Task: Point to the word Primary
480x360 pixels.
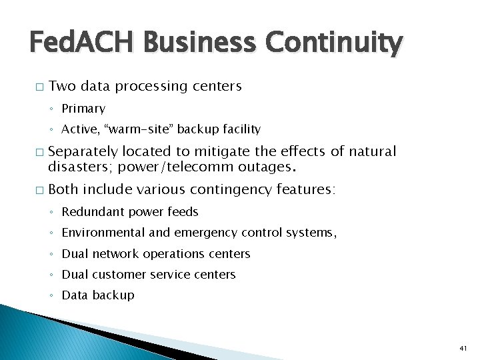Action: click(x=83, y=109)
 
